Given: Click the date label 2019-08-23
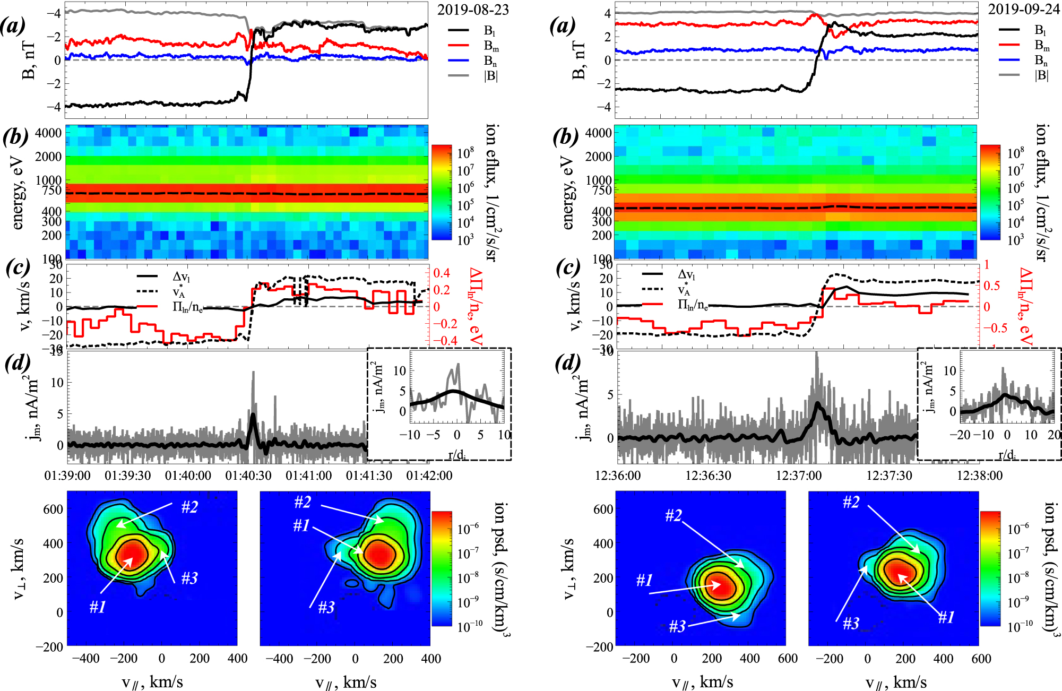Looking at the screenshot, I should [x=473, y=10].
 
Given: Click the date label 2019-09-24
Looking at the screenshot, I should [x=1023, y=10].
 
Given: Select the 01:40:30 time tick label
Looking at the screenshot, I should [x=248, y=476].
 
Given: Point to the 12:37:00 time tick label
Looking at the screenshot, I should [x=799, y=476].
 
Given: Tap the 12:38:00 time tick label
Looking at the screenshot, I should [x=980, y=476].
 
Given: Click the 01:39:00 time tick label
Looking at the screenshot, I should [x=67, y=476].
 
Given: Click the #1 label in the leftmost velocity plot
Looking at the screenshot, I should [x=98, y=606].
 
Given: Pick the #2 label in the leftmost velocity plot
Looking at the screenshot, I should [x=189, y=507].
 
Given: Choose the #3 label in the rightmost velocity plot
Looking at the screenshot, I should [x=851, y=623].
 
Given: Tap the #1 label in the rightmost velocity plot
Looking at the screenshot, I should [x=946, y=617].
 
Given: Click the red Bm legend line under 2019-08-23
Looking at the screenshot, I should [x=459, y=46].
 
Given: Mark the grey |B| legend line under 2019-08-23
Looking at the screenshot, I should [x=459, y=75].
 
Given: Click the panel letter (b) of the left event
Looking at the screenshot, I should [x=15, y=137].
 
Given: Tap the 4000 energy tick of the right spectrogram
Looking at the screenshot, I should [x=599, y=133].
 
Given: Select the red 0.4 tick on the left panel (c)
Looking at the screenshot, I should [x=442, y=273].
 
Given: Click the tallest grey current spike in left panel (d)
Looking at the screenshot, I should [x=253, y=373].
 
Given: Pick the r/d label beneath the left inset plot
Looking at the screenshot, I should [x=455, y=454].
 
